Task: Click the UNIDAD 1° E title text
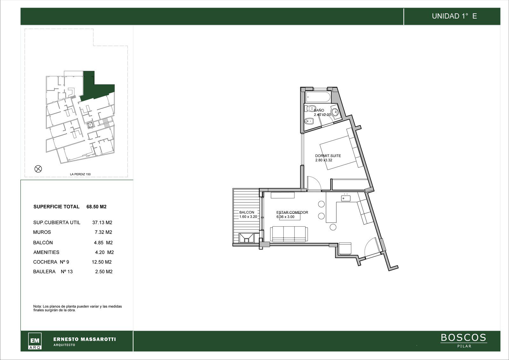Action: click(454, 16)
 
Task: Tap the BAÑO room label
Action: click(319, 110)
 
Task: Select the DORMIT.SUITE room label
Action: click(328, 156)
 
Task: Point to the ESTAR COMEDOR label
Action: click(292, 212)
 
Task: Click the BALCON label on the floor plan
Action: click(247, 212)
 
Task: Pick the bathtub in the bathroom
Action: click(318, 97)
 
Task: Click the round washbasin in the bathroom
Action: click(335, 112)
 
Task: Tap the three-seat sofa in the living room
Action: click(289, 234)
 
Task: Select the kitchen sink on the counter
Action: click(345, 199)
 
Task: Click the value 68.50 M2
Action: click(96, 207)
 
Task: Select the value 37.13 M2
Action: click(102, 222)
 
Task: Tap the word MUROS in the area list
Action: click(42, 232)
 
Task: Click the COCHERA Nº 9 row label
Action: click(51, 262)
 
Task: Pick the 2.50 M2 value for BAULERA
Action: click(104, 272)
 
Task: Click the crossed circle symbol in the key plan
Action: click(38, 169)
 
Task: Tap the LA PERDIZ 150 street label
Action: click(80, 174)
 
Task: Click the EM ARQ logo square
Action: click(35, 341)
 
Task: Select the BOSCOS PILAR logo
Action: click(464, 340)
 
